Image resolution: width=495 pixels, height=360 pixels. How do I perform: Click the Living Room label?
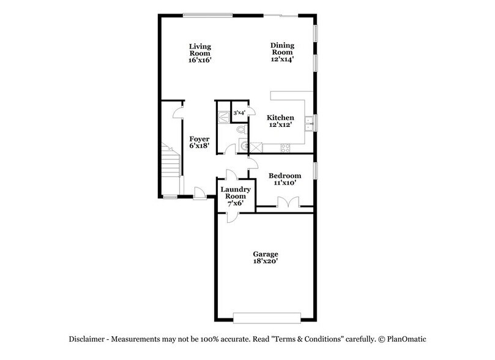click(x=200, y=53)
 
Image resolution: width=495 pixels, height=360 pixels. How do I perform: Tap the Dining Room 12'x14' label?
click(x=283, y=52)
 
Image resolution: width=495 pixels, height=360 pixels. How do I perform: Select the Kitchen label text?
click(x=280, y=121)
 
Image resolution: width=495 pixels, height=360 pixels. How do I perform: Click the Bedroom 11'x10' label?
click(x=285, y=179)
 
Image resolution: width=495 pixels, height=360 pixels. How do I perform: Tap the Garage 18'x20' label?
click(x=266, y=257)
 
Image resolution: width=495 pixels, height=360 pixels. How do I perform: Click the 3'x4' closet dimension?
click(x=240, y=113)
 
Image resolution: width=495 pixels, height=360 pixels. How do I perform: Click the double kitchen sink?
click(x=313, y=123)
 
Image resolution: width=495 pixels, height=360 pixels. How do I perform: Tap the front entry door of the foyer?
click(x=199, y=195)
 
